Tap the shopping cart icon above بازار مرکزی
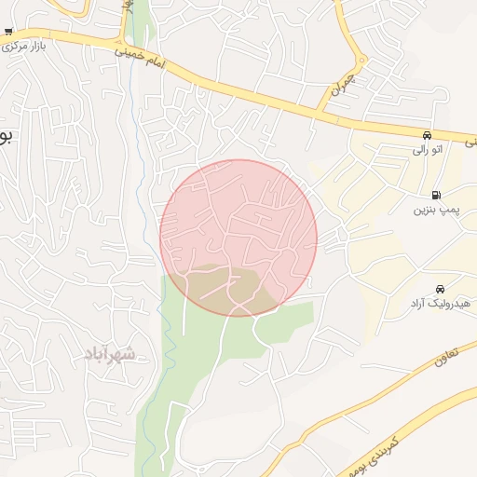tap(8, 32)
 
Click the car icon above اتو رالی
tap(427, 134)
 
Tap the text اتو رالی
tap(428, 148)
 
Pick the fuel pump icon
tap(439, 196)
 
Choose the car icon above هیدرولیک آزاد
tap(439, 289)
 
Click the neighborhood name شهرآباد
tap(109, 353)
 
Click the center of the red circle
tap(238, 238)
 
